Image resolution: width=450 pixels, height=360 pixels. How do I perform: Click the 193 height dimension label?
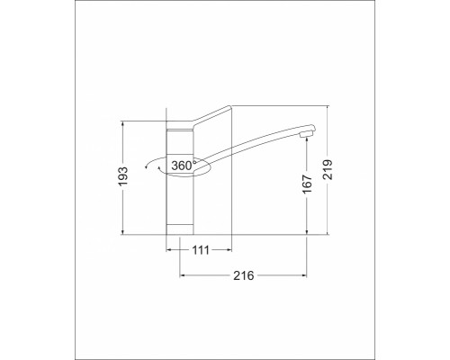pos(123,175)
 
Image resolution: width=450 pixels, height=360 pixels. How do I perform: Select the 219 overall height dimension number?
pos(328,170)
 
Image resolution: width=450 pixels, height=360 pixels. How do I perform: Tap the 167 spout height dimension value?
pos(307,184)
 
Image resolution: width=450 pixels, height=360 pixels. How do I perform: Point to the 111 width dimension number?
pos(201,250)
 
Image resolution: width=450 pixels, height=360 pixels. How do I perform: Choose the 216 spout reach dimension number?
pos(244,275)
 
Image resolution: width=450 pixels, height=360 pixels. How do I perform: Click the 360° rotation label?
pos(182,166)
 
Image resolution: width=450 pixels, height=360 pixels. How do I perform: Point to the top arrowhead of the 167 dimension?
pos(307,140)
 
